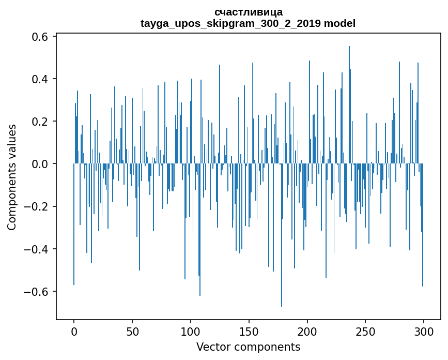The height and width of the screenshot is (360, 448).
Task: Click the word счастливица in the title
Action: tap(248, 12)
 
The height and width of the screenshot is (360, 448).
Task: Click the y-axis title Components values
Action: tap(12, 177)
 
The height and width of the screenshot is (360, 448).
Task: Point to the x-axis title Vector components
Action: tap(248, 347)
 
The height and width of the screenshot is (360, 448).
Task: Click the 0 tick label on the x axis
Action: tap(74, 331)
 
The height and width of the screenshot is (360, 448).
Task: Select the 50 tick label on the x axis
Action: tap(132, 331)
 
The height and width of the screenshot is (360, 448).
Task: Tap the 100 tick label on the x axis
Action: tap(191, 331)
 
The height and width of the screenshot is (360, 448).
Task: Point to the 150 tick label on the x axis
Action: tap(249, 331)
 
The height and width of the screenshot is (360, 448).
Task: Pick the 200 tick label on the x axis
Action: tap(307, 331)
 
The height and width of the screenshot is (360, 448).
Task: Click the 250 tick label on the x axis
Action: tap(365, 331)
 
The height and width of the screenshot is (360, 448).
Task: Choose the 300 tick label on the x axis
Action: tap(424, 331)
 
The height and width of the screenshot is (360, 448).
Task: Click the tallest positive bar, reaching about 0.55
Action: tap(349, 103)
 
